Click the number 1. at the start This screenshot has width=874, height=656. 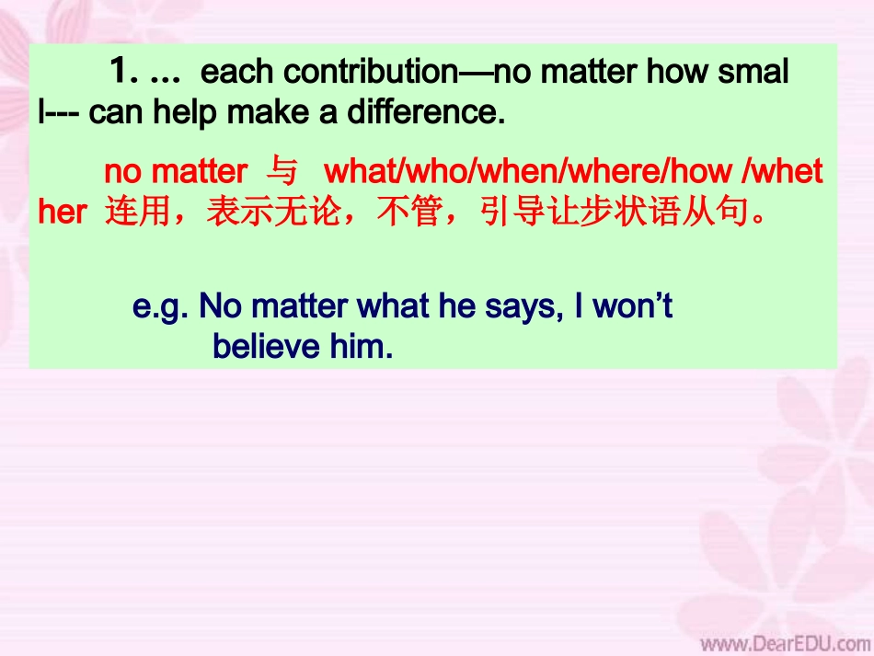125,71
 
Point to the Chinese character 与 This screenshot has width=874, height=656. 282,172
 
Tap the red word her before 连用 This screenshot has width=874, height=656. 63,213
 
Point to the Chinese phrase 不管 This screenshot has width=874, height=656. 405,213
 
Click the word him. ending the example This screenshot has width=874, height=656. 366,347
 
